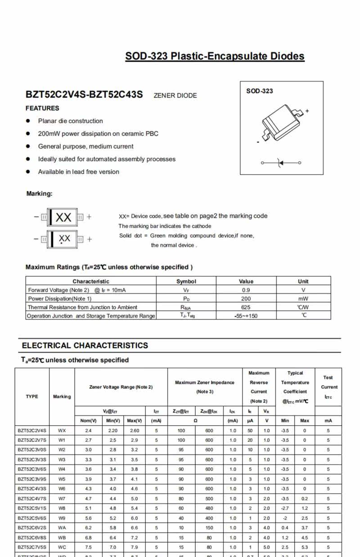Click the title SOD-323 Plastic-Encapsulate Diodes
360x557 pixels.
click(x=215, y=57)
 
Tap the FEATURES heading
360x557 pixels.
click(x=42, y=108)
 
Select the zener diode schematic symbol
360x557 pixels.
click(x=281, y=162)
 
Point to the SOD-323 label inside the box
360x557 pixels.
click(x=259, y=91)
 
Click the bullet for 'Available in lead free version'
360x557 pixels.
click(x=28, y=171)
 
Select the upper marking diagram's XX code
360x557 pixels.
click(x=63, y=217)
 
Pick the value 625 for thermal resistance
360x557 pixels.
click(x=246, y=307)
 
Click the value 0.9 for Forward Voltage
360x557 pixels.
click(x=246, y=290)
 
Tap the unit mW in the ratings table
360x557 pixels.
click(x=303, y=299)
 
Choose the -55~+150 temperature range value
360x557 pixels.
click(x=246, y=316)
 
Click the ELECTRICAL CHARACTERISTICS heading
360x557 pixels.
click(x=85, y=346)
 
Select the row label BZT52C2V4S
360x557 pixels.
click(x=32, y=430)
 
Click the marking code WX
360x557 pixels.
click(x=62, y=430)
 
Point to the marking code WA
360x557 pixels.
click(x=62, y=528)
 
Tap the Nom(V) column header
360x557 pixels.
click(x=89, y=421)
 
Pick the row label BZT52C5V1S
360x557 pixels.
click(x=32, y=508)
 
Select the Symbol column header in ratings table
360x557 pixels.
click(x=186, y=281)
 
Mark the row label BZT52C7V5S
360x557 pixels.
click(x=32, y=547)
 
